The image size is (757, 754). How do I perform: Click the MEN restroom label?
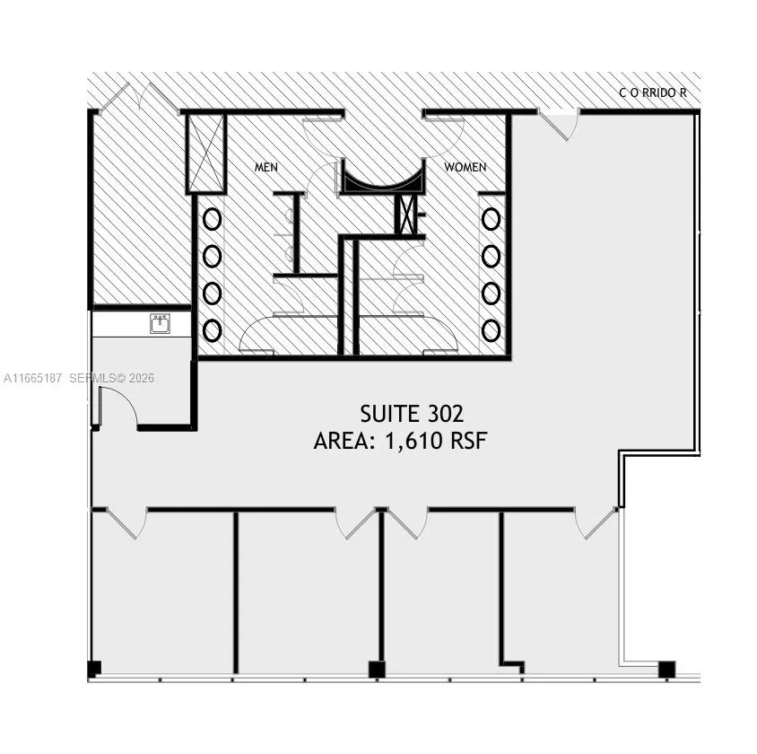(x=266, y=167)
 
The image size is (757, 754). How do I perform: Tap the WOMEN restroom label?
(x=466, y=167)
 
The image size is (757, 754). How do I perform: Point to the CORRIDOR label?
(x=653, y=92)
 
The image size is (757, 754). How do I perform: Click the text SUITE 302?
(x=412, y=414)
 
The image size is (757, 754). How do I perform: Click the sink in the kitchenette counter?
(x=160, y=323)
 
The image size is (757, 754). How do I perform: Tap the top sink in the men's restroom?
(x=212, y=219)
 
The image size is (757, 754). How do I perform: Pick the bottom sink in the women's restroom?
(x=491, y=331)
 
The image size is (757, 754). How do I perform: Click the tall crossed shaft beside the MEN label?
(x=206, y=153)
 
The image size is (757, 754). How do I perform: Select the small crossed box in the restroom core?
(x=405, y=214)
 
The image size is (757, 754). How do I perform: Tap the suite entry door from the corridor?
(x=559, y=125)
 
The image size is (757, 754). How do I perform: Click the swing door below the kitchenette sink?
(x=118, y=406)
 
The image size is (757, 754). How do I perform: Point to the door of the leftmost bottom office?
(x=126, y=523)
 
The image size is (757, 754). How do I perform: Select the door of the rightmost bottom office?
(x=596, y=523)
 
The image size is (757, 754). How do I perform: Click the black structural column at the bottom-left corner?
(x=94, y=669)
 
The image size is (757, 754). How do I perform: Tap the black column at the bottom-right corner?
(x=666, y=669)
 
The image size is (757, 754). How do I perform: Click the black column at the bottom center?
(x=377, y=669)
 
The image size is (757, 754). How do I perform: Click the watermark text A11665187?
(x=33, y=378)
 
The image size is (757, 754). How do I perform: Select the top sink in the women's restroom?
(x=491, y=219)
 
